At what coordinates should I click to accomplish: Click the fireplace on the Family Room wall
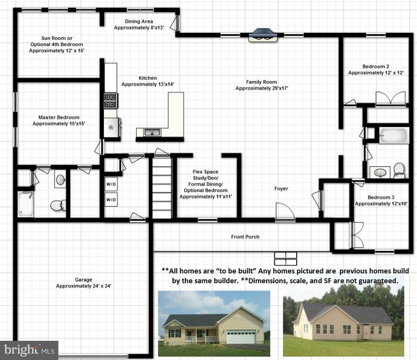click(x=263, y=35)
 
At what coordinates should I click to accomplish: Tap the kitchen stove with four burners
click(x=110, y=101)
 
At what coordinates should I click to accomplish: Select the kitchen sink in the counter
click(x=152, y=132)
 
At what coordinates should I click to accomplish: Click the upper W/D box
click(x=111, y=184)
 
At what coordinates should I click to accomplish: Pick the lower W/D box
click(x=111, y=200)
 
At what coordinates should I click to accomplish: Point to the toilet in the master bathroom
click(x=58, y=205)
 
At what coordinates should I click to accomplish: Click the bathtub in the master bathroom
click(x=26, y=204)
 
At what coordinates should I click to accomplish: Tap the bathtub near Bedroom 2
click(x=394, y=136)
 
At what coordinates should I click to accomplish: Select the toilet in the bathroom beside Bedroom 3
click(x=399, y=171)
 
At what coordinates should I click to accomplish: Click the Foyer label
click(x=281, y=189)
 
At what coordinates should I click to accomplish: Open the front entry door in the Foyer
click(x=285, y=212)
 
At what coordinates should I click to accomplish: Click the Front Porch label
click(x=245, y=237)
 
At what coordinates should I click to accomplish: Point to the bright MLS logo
click(x=30, y=350)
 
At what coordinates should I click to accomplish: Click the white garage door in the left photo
click(x=241, y=336)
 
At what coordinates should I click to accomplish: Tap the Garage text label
click(x=84, y=280)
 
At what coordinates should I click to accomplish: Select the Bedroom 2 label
click(x=375, y=67)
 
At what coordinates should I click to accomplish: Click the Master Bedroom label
click(x=59, y=117)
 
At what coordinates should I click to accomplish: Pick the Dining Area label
click(x=139, y=21)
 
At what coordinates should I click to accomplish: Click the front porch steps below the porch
click(x=285, y=259)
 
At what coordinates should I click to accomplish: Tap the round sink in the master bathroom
click(x=60, y=179)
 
